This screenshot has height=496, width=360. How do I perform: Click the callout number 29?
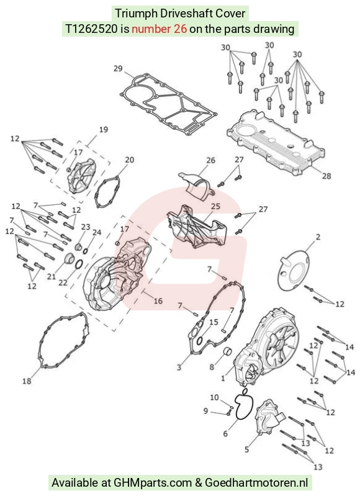click(118, 68)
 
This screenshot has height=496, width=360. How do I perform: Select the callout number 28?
click(326, 175)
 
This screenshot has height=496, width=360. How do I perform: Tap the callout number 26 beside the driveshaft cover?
click(210, 160)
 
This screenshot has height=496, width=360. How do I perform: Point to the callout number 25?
click(215, 206)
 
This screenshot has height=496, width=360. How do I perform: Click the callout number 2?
click(318, 237)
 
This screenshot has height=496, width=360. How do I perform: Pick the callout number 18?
click(27, 381)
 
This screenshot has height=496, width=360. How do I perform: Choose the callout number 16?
click(158, 300)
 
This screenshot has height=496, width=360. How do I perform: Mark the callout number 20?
click(129, 160)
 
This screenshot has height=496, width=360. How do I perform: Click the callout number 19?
click(104, 129)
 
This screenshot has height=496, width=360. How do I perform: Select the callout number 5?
click(247, 449)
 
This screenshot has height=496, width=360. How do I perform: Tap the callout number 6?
click(225, 433)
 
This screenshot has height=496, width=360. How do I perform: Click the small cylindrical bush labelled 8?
click(227, 351)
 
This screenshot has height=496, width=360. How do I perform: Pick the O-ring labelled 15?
click(200, 341)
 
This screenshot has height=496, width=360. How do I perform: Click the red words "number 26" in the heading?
click(159, 29)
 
